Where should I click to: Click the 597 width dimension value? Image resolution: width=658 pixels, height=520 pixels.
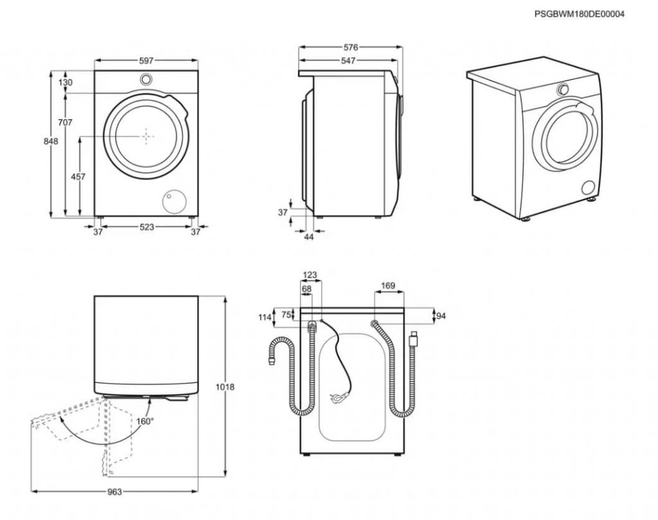pos(146,60)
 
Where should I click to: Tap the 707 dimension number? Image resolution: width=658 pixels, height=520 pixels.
pos(65,122)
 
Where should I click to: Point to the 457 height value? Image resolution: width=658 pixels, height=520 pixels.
pos(78,176)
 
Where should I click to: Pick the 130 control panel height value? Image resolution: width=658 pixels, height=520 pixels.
pos(65,82)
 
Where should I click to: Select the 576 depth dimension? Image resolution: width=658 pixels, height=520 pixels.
pos(350,47)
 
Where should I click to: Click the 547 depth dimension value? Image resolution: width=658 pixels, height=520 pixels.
pos(348,60)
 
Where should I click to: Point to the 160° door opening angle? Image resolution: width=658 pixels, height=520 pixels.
pos(145,421)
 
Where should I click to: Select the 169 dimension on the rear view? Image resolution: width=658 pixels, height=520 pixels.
pos(387,285)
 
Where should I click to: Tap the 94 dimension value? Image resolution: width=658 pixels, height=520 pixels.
pos(441,316)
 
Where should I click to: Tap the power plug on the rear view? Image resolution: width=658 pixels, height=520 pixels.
pos(335,396)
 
